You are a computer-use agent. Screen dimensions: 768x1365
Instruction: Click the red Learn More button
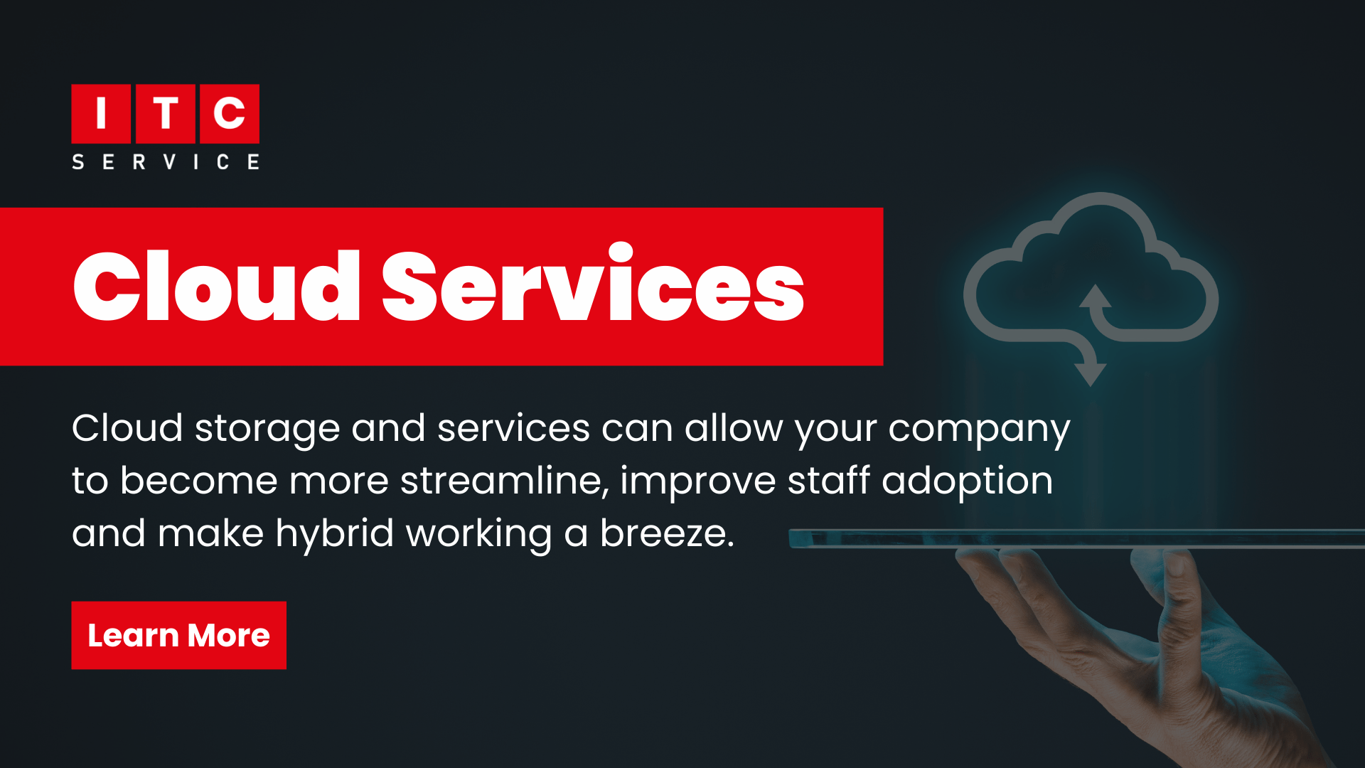(178, 635)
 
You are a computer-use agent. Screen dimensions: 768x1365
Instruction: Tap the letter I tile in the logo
(101, 114)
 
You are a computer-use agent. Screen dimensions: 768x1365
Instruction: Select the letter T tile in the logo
(165, 114)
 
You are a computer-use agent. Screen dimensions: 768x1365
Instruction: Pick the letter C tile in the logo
(229, 114)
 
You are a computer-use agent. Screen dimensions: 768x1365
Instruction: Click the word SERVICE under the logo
(166, 162)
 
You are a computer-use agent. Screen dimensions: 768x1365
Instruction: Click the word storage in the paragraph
(267, 429)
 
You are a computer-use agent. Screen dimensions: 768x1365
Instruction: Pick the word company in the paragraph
(979, 429)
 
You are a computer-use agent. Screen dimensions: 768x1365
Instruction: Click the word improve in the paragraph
(697, 481)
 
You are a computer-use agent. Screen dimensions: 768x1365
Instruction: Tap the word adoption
(967, 481)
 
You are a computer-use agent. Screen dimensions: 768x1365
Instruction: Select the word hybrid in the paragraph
(334, 533)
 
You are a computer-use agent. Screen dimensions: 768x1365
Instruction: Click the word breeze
(666, 533)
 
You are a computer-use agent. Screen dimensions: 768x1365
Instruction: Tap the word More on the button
(228, 636)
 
